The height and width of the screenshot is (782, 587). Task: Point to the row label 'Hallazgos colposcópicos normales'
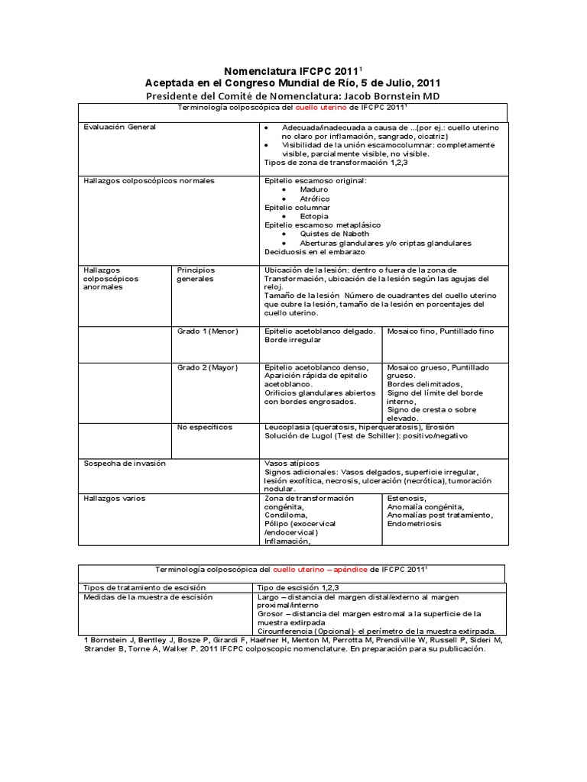(148, 180)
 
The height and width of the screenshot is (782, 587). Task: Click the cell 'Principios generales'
(196, 274)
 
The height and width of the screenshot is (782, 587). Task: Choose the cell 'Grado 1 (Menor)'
(208, 331)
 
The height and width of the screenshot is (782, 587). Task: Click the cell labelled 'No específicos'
(205, 427)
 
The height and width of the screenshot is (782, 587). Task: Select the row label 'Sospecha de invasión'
(124, 463)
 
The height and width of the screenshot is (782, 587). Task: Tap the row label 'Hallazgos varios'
(114, 498)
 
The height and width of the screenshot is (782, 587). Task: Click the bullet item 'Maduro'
(315, 189)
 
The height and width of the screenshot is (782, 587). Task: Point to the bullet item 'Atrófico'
(316, 199)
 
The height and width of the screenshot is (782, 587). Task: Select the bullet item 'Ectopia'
(314, 216)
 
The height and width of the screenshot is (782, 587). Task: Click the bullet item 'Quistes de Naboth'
(335, 234)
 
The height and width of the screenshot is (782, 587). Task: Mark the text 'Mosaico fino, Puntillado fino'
(441, 331)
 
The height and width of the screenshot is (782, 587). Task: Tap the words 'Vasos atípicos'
(291, 463)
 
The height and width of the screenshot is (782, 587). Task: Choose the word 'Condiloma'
(286, 515)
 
